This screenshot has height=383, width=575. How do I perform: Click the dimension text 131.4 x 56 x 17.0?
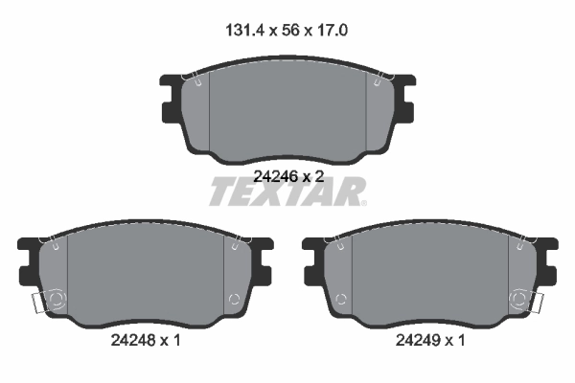pyautogui.click(x=287, y=31)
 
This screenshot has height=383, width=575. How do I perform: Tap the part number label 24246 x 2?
pyautogui.click(x=287, y=176)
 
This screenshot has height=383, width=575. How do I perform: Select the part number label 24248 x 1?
pyautogui.click(x=145, y=339)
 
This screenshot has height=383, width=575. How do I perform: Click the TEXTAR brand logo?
pyautogui.click(x=287, y=192)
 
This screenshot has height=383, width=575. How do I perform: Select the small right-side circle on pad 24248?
pyautogui.click(x=231, y=302)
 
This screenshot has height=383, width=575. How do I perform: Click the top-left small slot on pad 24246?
pyautogui.click(x=196, y=81)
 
